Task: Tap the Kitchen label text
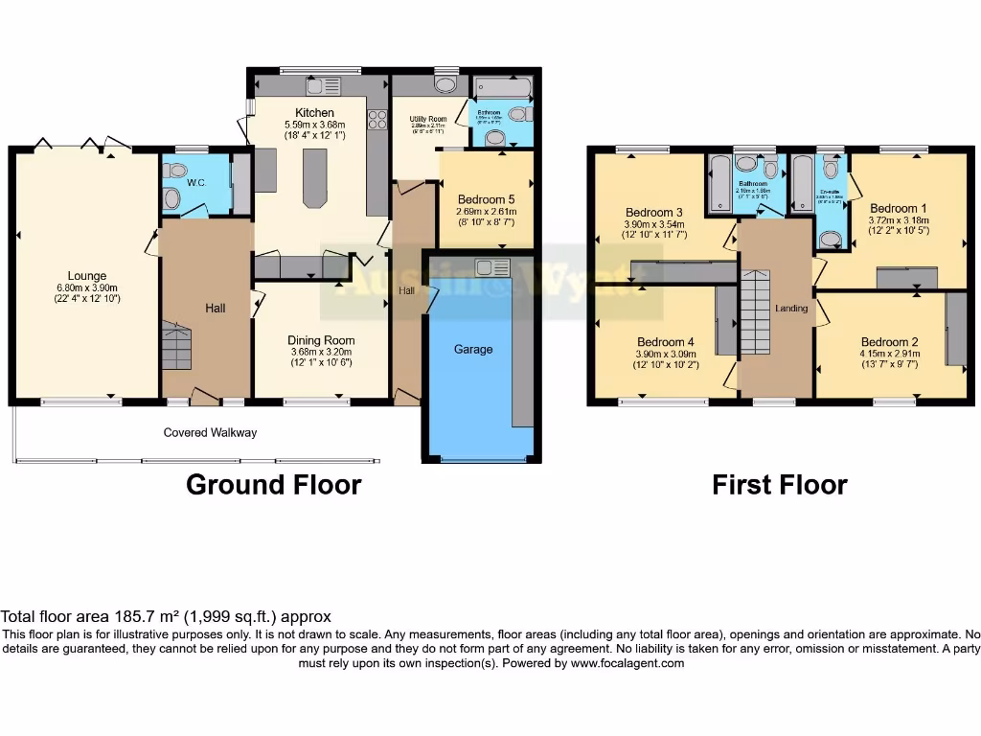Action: pyautogui.click(x=315, y=113)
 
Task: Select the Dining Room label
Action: pyautogui.click(x=321, y=340)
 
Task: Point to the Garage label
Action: pyautogui.click(x=473, y=350)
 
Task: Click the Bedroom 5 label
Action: pyautogui.click(x=485, y=199)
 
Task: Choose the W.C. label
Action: pyautogui.click(x=196, y=182)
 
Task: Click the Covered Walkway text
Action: pyautogui.click(x=210, y=433)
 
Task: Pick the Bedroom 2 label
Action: pyautogui.click(x=889, y=342)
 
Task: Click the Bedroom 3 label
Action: pyautogui.click(x=654, y=213)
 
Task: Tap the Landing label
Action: pyautogui.click(x=791, y=309)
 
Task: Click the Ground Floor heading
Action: pyautogui.click(x=273, y=485)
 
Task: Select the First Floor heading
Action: pyautogui.click(x=779, y=485)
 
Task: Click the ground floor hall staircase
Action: pyautogui.click(x=176, y=346)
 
